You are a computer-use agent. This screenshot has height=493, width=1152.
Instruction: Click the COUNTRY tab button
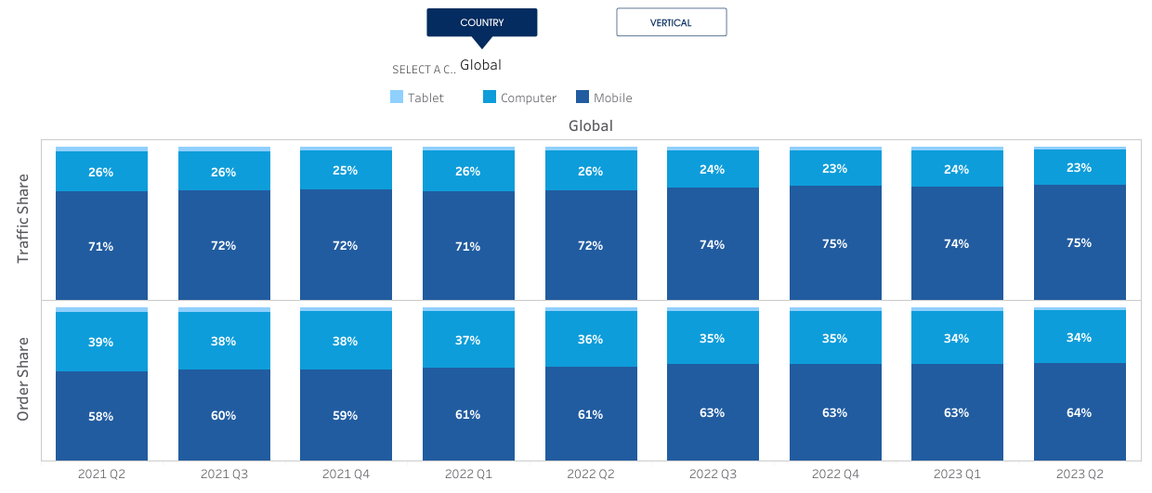pos(481,22)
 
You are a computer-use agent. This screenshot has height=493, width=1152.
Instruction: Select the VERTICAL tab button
pos(671,22)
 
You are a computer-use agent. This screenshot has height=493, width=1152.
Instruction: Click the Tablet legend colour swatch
pos(397,97)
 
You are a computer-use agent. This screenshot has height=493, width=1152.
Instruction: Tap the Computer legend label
pos(528,97)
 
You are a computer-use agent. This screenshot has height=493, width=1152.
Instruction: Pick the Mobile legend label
pos(612,97)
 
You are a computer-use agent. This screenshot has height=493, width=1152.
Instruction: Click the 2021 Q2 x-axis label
pos(101,474)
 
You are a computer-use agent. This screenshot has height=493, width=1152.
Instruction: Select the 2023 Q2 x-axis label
pos(1080,474)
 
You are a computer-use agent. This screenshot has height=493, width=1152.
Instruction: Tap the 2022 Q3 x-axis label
pos(713,474)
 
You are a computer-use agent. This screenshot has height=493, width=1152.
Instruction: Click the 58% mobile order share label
pos(101,416)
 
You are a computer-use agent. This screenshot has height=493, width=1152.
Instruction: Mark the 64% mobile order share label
pos(1080,412)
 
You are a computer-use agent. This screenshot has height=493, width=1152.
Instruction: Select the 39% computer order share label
pos(101,342)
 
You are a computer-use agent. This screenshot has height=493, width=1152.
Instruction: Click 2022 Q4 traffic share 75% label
pos(835,243)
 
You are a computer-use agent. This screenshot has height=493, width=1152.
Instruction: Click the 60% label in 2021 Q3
pos(224,415)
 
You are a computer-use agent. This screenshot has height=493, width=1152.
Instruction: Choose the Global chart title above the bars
pos(591,125)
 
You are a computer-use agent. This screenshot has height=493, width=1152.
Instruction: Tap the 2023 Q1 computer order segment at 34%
pos(957,338)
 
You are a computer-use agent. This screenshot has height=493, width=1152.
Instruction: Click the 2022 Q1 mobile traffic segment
pos(468,246)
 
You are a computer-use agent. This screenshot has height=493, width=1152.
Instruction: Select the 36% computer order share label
pos(591,340)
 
